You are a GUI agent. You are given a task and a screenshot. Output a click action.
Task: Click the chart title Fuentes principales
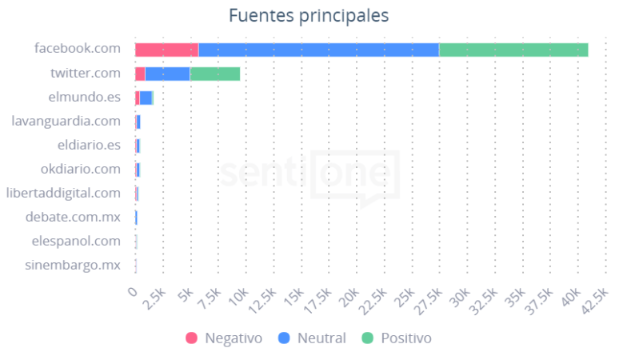coord(309,15)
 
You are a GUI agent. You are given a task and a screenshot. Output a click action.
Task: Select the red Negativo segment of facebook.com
coord(166,50)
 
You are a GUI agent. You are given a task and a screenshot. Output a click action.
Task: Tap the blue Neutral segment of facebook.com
coord(318,50)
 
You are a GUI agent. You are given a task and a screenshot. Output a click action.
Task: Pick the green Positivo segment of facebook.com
coord(513,50)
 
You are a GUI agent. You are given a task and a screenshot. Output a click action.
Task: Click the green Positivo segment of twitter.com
coord(214,74)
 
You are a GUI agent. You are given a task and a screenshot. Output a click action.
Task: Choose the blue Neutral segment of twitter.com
coord(167,74)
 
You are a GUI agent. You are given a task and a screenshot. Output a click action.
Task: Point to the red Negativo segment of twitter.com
coord(140,74)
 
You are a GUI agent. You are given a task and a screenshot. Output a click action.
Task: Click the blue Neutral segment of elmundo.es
coord(146,98)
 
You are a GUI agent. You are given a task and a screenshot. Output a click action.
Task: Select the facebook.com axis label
coord(78,49)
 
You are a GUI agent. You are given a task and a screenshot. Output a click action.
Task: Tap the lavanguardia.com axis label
coord(66,121)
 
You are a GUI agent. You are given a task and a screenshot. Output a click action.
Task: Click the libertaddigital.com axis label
coord(63,193)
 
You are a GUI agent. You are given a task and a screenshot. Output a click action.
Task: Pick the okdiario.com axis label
coord(81,169)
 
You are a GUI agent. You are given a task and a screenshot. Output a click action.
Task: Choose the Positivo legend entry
coord(397,338)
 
